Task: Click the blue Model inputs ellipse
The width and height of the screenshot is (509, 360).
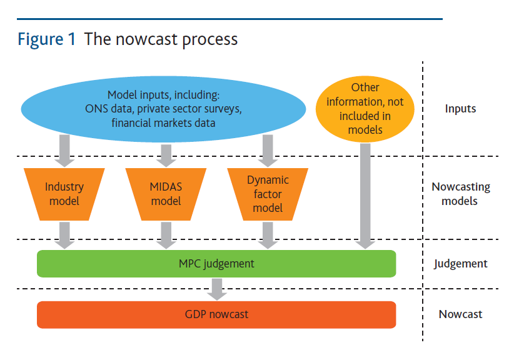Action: [163, 107]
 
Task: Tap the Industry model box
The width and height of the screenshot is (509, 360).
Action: [64, 194]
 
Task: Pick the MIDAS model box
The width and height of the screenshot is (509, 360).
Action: [166, 194]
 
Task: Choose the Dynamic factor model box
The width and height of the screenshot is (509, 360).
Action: [268, 194]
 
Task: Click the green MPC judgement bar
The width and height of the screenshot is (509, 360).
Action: [216, 263]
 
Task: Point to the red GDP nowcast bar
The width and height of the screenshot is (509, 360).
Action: [216, 314]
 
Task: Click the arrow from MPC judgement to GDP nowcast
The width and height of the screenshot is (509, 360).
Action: [217, 288]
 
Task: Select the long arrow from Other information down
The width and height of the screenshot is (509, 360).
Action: [365, 194]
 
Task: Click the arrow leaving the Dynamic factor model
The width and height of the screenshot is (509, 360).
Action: [268, 234]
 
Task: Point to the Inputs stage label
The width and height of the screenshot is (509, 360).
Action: [460, 109]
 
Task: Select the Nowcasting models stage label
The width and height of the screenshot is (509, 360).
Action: [460, 194]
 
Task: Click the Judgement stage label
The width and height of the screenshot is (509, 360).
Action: [460, 263]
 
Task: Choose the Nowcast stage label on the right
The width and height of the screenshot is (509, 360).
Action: [460, 314]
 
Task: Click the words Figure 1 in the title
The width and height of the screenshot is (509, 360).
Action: [47, 39]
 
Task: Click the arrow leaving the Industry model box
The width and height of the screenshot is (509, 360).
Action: [64, 234]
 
